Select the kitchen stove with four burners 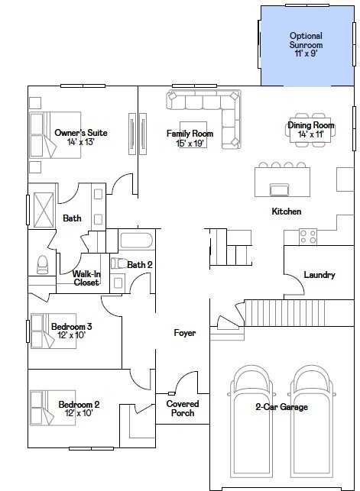tap(308, 237)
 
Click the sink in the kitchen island tap(279, 190)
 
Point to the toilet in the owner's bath tap(42, 265)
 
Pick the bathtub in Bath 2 tap(137, 241)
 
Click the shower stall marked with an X tap(44, 210)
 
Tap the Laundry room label tap(319, 275)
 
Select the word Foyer tap(185, 333)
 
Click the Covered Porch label tap(183, 409)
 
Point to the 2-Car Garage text tap(282, 407)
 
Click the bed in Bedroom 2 tap(53, 408)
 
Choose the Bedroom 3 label tap(71, 327)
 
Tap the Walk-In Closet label tap(86, 278)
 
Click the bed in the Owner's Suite tap(55, 135)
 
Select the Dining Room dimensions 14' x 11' tap(311, 134)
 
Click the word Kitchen tap(287, 212)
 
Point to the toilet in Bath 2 tap(118, 263)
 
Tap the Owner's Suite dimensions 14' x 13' tap(81, 142)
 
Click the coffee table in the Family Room tap(193, 134)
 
